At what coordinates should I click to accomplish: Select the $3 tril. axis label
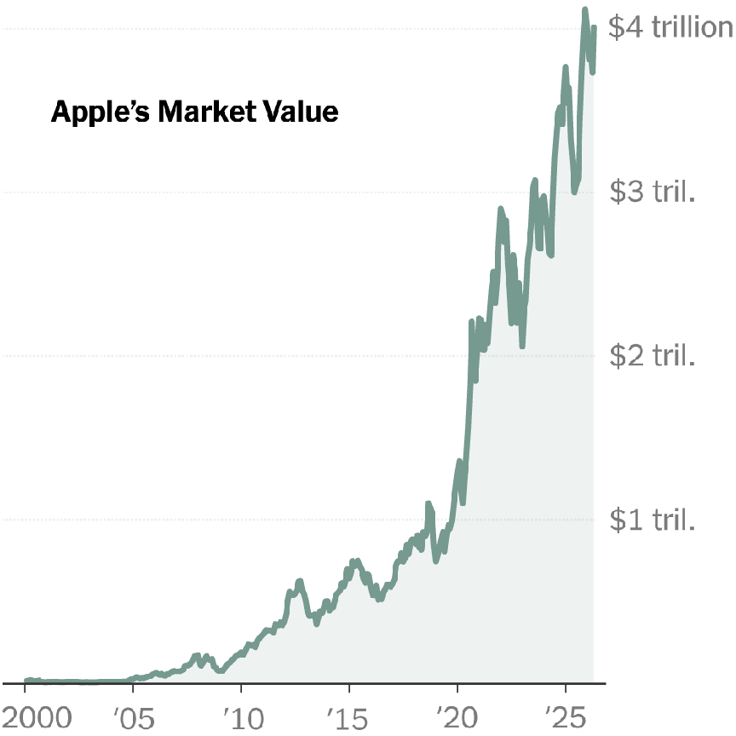653,193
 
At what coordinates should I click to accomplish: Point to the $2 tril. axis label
653,356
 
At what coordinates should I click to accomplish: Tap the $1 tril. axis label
653,520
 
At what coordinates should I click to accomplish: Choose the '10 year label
240,716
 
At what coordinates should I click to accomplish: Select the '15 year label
348,716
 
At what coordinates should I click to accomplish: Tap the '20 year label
457,716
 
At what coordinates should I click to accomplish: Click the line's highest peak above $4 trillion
585,9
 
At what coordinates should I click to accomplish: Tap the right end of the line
594,27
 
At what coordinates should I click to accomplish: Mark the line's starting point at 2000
26,681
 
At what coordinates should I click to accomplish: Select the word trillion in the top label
692,28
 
